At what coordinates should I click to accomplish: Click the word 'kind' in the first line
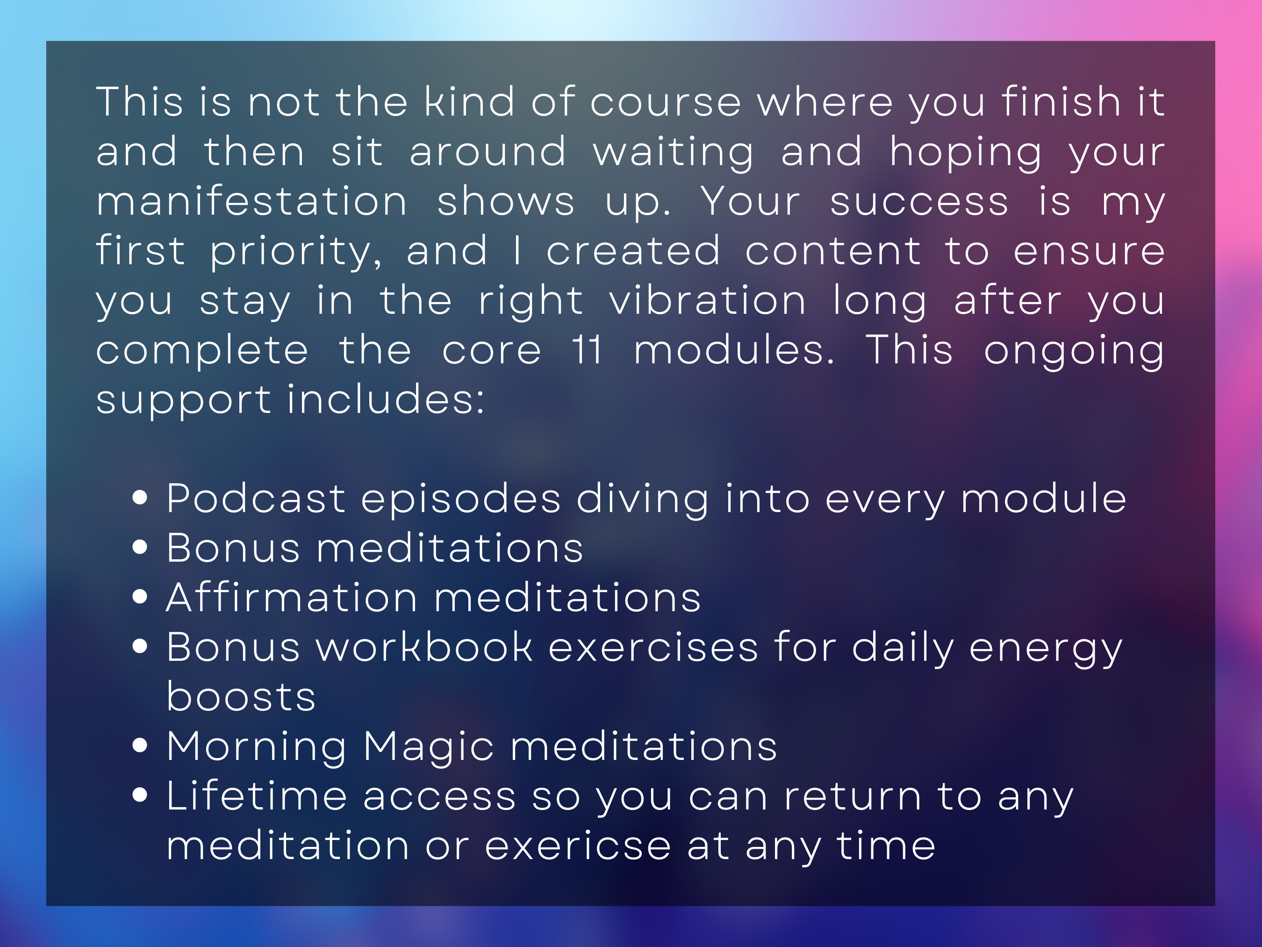(469, 101)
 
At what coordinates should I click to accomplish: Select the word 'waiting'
(673, 153)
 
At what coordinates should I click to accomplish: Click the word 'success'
(919, 202)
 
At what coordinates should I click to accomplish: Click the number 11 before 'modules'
(587, 350)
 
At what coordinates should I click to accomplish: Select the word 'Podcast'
(256, 499)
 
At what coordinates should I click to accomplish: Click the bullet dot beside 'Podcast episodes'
(140, 497)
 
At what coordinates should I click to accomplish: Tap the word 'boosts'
(241, 696)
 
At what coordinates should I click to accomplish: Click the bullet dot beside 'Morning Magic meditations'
(140, 745)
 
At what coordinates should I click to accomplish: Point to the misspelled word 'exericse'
(578, 846)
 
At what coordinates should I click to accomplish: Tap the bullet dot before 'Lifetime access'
(140, 795)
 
